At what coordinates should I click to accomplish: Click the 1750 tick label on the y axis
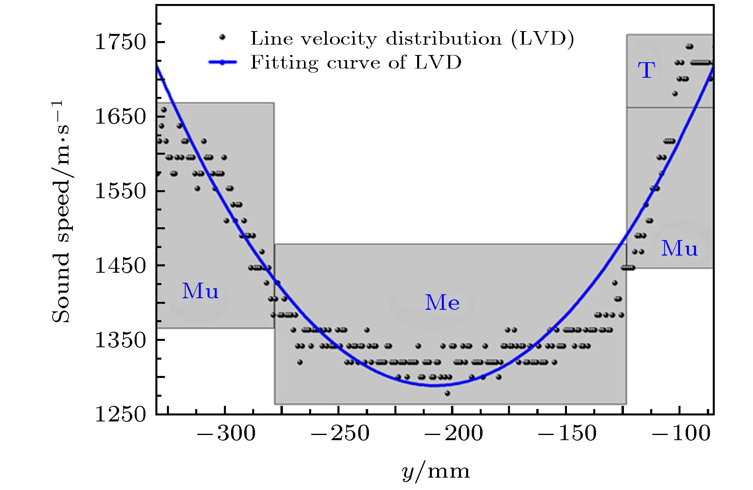121,42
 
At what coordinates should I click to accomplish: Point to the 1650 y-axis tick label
121,116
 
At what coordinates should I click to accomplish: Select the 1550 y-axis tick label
121,191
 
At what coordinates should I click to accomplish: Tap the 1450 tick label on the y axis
121,266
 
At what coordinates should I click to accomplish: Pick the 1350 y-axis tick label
121,340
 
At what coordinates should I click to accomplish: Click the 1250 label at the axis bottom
121,414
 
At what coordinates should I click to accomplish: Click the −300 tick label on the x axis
226,433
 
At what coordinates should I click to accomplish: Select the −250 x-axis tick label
340,433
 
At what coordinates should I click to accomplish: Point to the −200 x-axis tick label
453,433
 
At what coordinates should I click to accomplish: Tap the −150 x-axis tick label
567,433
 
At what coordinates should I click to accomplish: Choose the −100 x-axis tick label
681,433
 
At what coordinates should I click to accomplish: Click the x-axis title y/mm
435,472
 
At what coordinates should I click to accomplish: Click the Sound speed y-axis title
61,211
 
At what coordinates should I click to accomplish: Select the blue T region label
646,70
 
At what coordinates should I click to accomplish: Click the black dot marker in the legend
222,37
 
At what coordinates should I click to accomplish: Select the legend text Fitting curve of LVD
356,62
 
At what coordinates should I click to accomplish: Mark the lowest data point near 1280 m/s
447,393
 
